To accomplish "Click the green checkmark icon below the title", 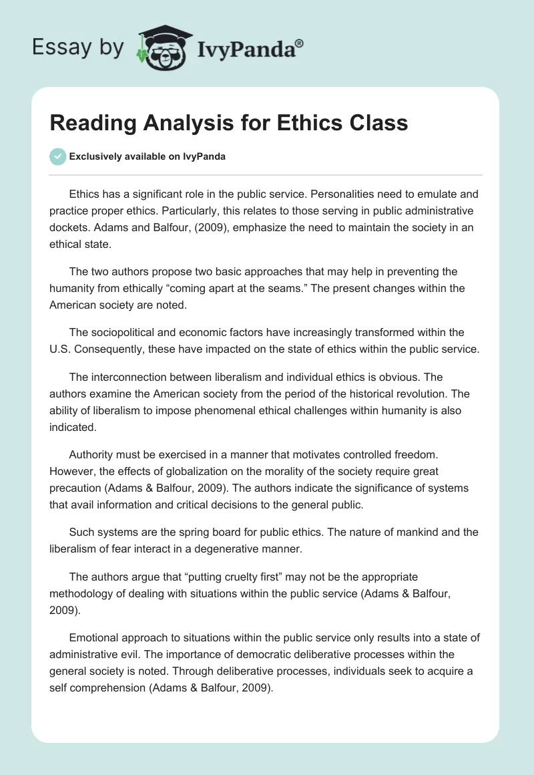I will click(57, 156).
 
